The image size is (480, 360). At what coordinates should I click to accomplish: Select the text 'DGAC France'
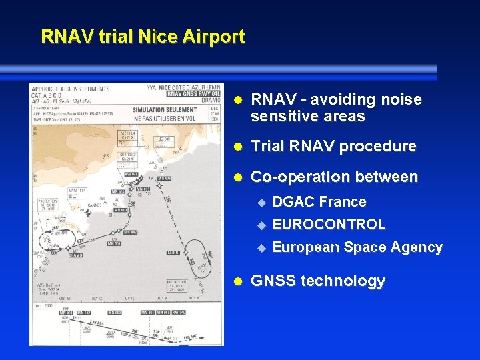coord(319,201)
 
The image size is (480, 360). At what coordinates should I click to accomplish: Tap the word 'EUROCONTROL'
coord(329,224)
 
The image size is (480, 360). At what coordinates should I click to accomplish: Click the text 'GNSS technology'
coord(317,281)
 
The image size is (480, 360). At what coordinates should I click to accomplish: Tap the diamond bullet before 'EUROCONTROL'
coord(261,225)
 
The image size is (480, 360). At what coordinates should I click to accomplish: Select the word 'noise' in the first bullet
coord(401,99)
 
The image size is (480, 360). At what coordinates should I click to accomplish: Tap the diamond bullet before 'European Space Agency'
coord(261,247)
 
